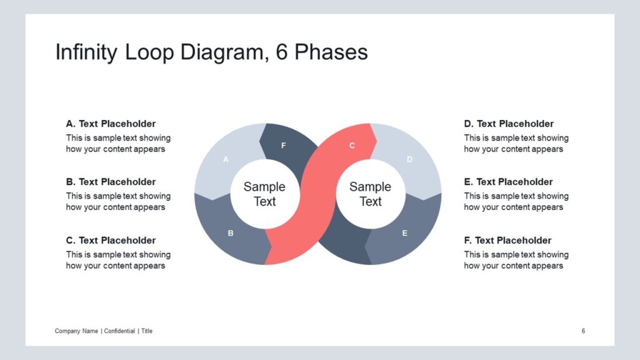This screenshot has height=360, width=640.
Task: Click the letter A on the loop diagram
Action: tap(226, 159)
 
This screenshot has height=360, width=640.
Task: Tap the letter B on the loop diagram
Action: tap(231, 233)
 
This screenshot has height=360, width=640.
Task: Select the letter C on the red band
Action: tap(352, 145)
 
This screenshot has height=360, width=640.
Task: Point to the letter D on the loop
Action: tap(409, 159)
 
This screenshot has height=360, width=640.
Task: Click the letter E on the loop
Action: tap(404, 233)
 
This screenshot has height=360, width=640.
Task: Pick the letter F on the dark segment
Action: tap(283, 145)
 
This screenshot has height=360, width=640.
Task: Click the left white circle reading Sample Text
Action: tap(265, 194)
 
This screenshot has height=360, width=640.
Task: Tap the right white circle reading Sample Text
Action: tap(371, 194)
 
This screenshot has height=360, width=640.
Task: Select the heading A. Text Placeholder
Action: tap(111, 124)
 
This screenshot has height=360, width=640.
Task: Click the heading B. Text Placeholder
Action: tap(111, 182)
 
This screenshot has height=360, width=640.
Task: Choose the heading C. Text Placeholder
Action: tap(111, 241)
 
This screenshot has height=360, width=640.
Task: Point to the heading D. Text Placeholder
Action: tap(509, 124)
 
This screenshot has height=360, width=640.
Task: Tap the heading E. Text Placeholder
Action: tap(508, 182)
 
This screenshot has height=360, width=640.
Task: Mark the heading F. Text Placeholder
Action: tap(507, 241)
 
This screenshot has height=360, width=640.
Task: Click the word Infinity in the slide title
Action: tap(86, 52)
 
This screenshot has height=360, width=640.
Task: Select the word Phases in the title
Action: tap(331, 52)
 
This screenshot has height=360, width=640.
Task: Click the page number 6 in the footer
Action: tap(583, 331)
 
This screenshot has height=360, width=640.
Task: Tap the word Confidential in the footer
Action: tap(119, 331)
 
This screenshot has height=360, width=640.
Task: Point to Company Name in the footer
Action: tap(76, 331)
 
